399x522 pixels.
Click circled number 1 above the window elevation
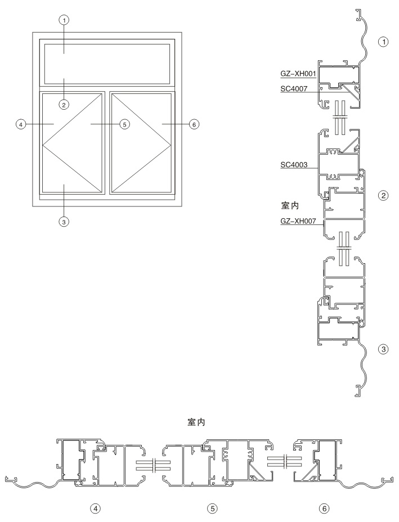coord(64,20)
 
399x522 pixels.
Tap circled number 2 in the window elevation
coord(64,105)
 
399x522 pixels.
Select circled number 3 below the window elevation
coord(64,220)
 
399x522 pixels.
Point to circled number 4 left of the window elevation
coord(21,124)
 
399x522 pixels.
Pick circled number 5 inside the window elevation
coord(124,124)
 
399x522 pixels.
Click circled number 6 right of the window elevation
coord(194,124)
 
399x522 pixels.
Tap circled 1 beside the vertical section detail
coord(384,42)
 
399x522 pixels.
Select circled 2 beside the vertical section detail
coord(383,195)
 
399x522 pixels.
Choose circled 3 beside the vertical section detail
coord(384,349)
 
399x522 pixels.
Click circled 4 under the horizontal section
coord(95,508)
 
